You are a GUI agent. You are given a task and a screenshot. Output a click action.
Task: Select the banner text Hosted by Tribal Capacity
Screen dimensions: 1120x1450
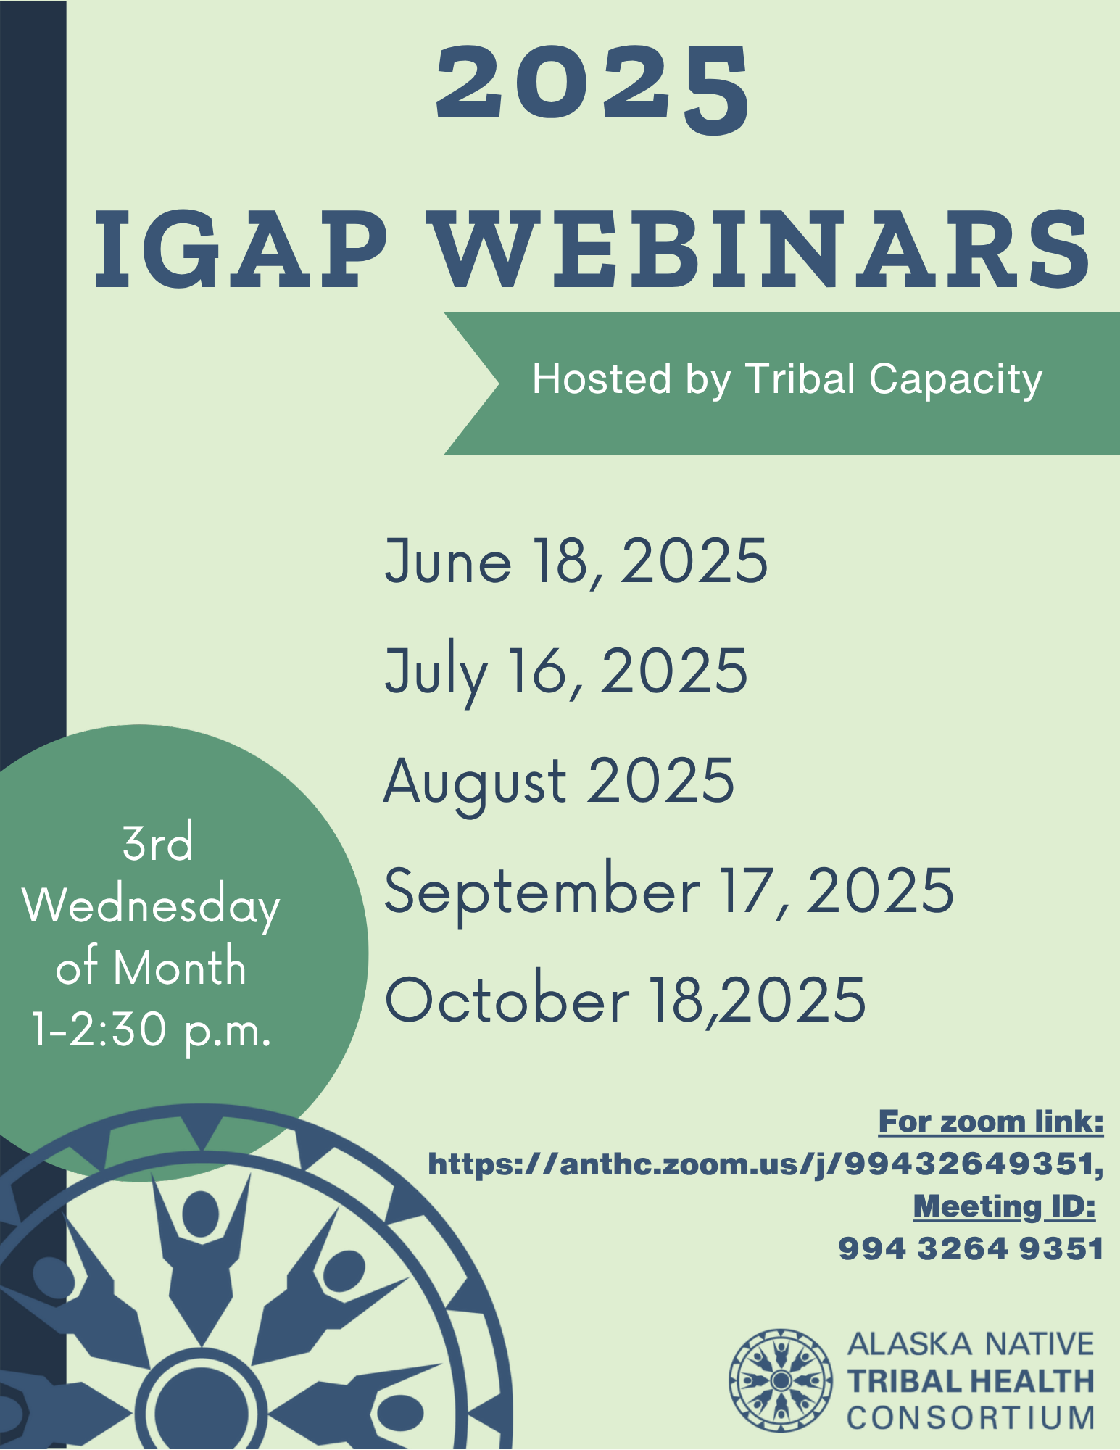point(787,379)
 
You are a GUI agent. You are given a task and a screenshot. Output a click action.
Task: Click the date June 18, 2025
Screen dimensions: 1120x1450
point(576,561)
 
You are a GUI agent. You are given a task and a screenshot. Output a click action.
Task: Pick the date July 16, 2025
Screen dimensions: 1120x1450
point(565,672)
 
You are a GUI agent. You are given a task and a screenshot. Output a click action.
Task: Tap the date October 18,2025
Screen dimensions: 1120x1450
point(625,1000)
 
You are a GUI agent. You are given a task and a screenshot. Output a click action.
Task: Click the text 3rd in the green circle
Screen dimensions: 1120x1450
point(158,843)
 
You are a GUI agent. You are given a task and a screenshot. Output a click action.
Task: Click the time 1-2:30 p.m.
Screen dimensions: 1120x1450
point(152,1030)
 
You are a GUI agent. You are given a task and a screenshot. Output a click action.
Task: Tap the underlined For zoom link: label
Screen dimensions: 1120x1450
point(991,1122)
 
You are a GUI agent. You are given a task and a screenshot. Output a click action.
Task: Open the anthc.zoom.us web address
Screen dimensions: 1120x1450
point(766,1164)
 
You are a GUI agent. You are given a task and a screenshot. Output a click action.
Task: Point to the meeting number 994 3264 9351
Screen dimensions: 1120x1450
point(971,1249)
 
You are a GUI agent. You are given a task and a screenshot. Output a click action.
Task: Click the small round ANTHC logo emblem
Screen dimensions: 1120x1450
point(781,1380)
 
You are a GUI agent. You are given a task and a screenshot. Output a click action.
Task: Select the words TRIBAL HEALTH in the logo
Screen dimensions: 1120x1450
point(971,1381)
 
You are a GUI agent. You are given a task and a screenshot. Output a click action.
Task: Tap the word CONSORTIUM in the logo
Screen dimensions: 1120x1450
point(971,1418)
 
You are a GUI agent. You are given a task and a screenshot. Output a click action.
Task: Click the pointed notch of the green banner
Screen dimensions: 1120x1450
point(499,384)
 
